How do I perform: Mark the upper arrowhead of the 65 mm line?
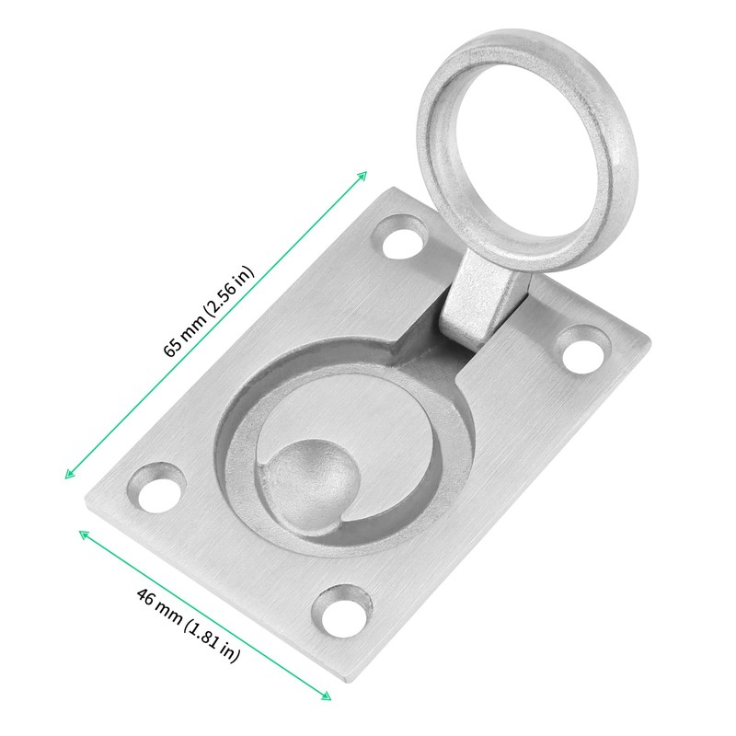(363, 174)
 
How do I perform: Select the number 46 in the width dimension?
(145, 597)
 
